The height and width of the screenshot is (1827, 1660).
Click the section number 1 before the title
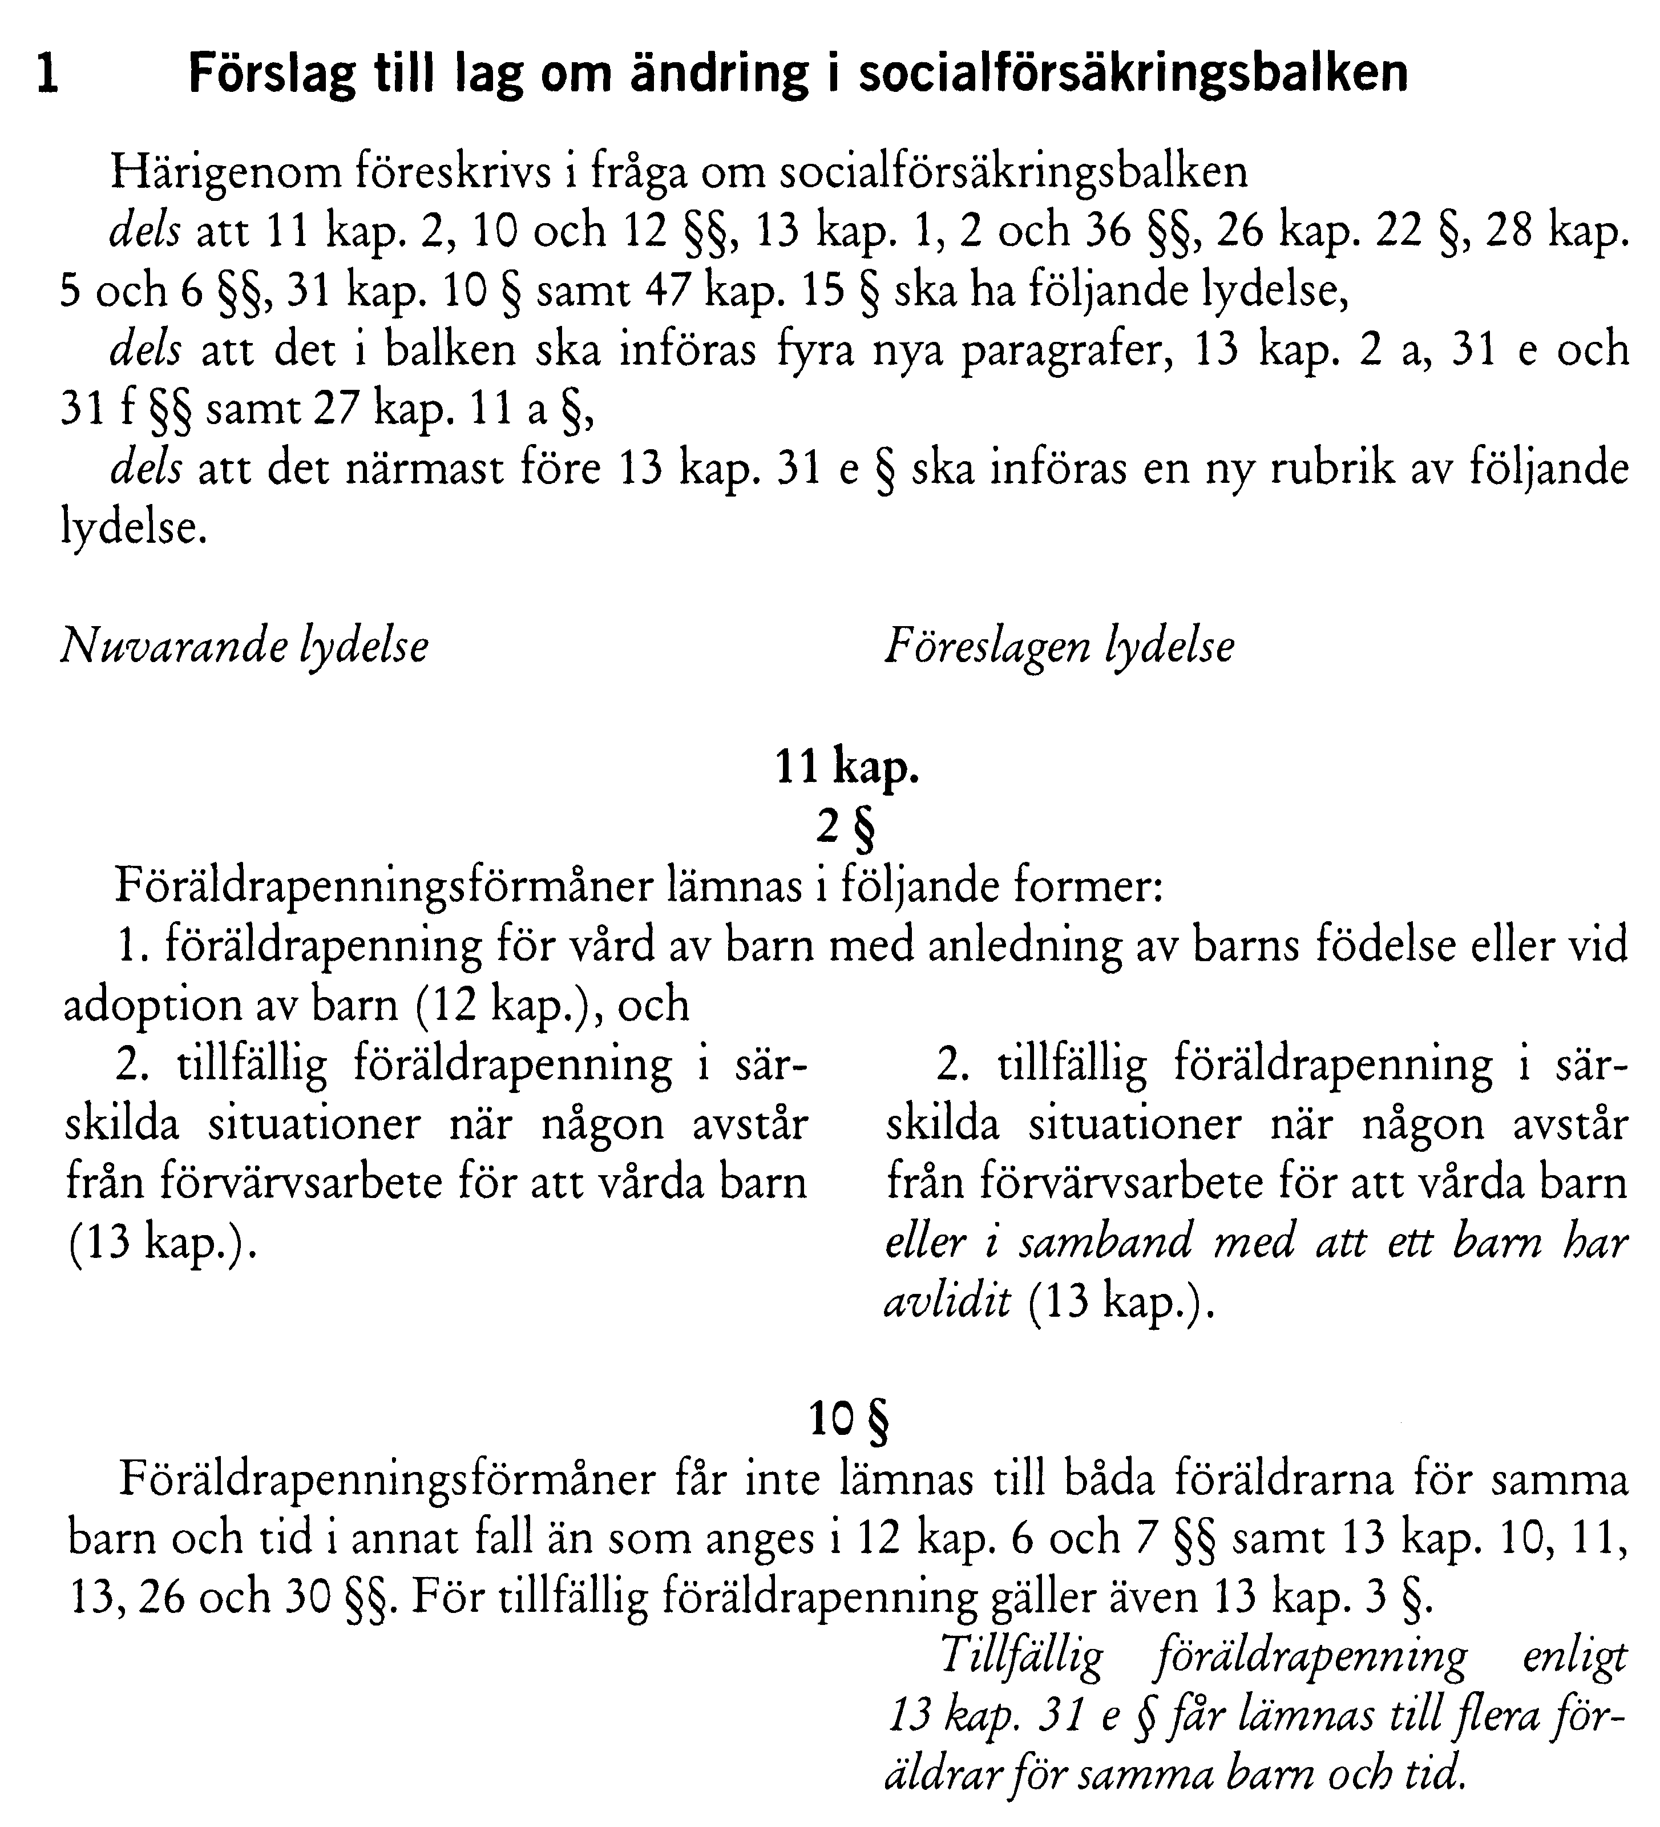[47, 74]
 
